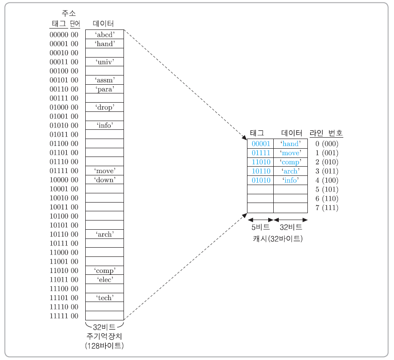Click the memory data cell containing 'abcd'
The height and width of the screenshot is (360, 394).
[x=104, y=35]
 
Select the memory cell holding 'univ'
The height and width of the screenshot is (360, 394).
[x=104, y=62]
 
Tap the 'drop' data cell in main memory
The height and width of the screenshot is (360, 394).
[x=104, y=107]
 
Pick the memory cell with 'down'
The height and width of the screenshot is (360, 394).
[x=104, y=180]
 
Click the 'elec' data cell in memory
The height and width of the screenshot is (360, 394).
[x=104, y=279]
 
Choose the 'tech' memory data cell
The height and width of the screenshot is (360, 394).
[x=104, y=297]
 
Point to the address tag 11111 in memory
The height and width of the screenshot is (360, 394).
[x=59, y=316]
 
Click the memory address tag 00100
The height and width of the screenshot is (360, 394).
[x=59, y=71]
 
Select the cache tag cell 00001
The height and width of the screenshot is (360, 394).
[x=260, y=144]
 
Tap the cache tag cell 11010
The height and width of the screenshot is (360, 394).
[x=260, y=162]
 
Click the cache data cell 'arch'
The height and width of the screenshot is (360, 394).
[x=290, y=171]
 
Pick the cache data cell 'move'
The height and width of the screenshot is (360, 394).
[x=290, y=153]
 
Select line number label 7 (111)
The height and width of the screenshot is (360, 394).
[x=326, y=208]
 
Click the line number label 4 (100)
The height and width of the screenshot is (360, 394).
[x=326, y=180]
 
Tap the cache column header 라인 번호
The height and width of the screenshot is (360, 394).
[x=326, y=133]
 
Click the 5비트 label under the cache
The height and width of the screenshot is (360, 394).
[x=260, y=227]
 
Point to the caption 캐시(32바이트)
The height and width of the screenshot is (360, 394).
[x=277, y=238]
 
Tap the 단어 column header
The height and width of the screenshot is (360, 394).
[x=75, y=23]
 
